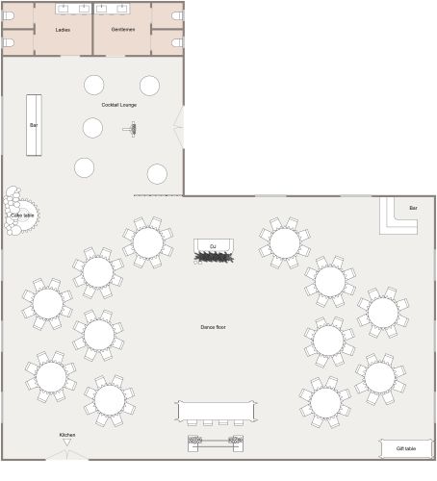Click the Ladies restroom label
(x=63, y=30)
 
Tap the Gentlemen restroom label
(x=122, y=30)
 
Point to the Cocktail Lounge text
(x=119, y=105)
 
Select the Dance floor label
(x=213, y=327)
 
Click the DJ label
(x=213, y=247)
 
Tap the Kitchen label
(x=67, y=435)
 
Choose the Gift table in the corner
(x=405, y=448)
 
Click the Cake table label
(x=21, y=215)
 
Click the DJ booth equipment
(x=213, y=257)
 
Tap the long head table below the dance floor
(x=217, y=411)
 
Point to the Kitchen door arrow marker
(x=67, y=443)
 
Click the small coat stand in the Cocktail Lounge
(x=133, y=128)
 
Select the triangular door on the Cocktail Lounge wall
(x=178, y=126)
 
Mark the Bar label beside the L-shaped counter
(x=413, y=208)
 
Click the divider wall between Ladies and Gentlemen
(x=92, y=29)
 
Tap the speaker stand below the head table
(x=216, y=442)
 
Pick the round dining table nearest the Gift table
(x=379, y=377)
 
